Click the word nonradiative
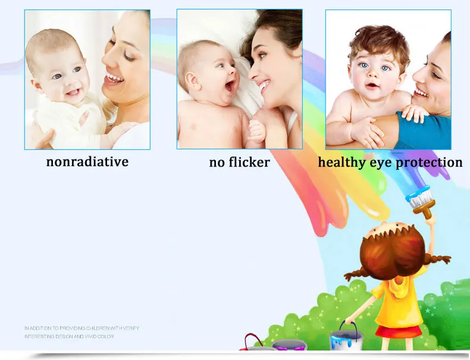pos(87,162)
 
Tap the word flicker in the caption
pos(249,162)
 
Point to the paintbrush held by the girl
pos(422,202)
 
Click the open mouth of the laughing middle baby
pos(230,86)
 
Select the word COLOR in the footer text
pos(106,337)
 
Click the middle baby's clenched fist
pos(257,132)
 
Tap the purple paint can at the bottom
pos(289,345)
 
